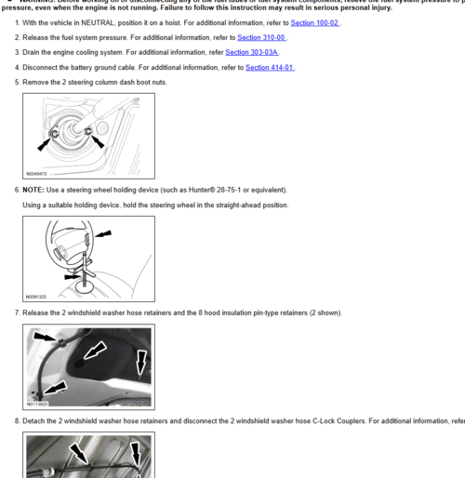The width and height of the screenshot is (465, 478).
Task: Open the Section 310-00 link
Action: [262, 37]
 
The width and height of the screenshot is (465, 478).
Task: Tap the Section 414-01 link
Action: [271, 67]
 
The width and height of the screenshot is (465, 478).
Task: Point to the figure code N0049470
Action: [37, 173]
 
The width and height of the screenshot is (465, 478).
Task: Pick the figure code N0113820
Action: [37, 405]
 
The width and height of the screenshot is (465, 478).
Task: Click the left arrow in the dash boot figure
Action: [43, 142]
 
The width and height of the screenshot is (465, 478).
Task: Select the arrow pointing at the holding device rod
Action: [73, 276]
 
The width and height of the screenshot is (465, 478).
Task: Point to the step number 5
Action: [17, 83]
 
